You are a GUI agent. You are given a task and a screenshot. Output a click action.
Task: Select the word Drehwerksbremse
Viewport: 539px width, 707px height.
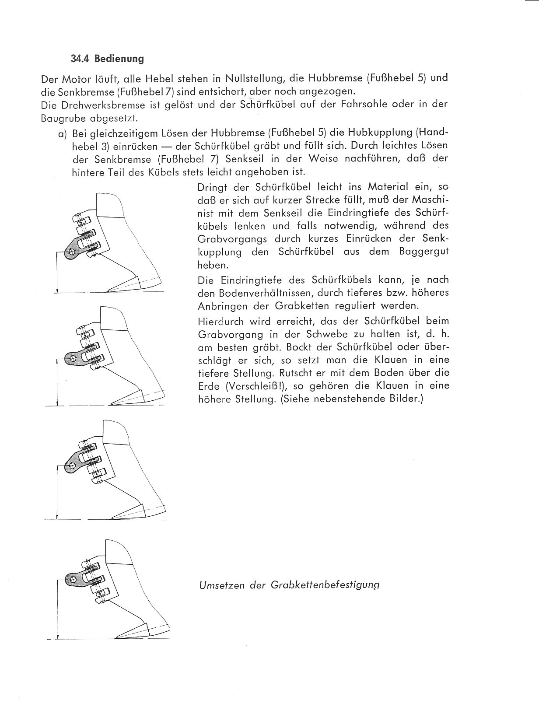point(88,105)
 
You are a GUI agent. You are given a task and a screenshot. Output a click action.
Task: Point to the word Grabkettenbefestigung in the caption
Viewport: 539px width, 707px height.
point(325,585)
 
